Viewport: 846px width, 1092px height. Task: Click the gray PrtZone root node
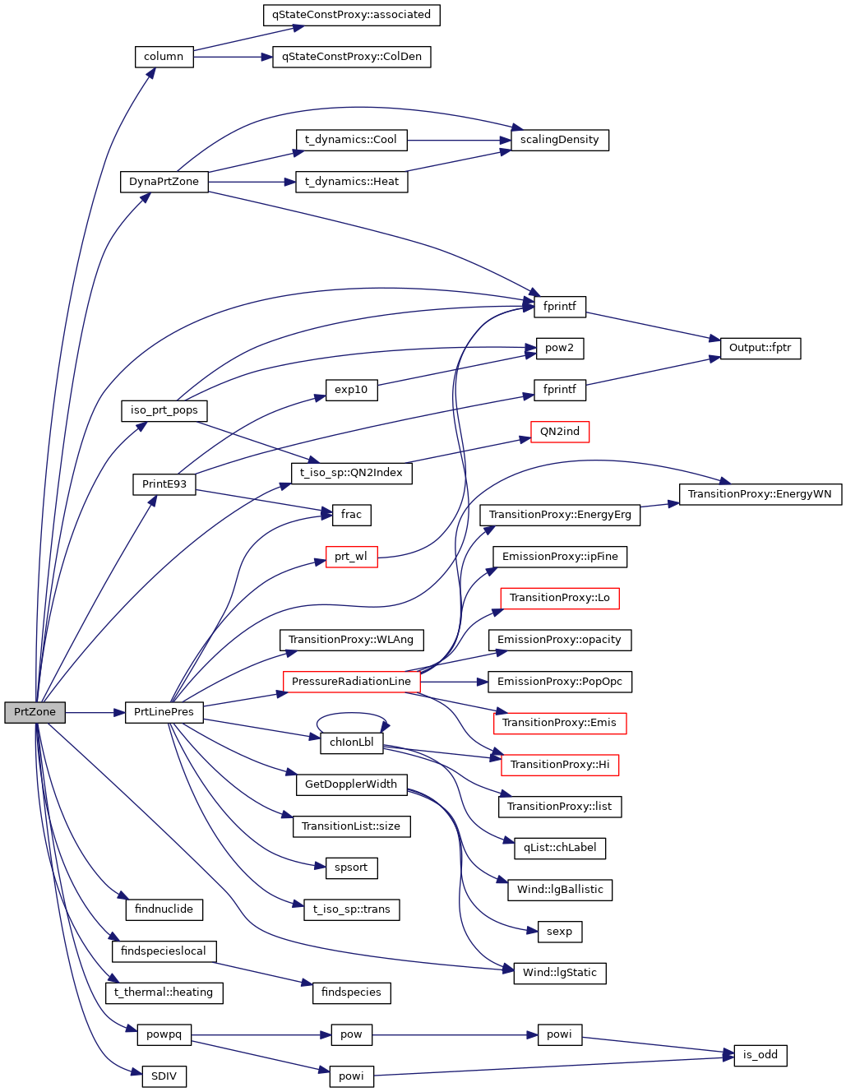click(x=35, y=712)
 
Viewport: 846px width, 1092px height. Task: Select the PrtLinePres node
click(x=164, y=712)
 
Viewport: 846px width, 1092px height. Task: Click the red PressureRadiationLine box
click(x=351, y=682)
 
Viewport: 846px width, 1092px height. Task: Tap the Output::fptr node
click(x=760, y=348)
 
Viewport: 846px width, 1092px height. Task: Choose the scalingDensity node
click(x=559, y=140)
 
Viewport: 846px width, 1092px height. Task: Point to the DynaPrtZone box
click(x=164, y=182)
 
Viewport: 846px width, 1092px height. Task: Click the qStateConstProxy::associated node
click(x=351, y=15)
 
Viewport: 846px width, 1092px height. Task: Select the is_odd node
click(x=760, y=1055)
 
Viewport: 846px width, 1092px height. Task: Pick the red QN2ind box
click(x=559, y=432)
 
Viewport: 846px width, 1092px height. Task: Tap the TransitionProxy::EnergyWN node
click(x=760, y=494)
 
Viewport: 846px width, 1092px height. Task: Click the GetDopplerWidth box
click(x=351, y=784)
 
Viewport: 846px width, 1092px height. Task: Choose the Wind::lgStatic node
click(x=559, y=973)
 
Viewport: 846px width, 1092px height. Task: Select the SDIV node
click(x=164, y=1076)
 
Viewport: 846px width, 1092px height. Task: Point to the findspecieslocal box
click(x=164, y=951)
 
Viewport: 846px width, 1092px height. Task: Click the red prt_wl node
click(x=351, y=557)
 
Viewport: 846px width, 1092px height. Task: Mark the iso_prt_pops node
click(x=164, y=410)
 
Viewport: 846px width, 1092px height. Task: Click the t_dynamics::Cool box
click(x=351, y=140)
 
